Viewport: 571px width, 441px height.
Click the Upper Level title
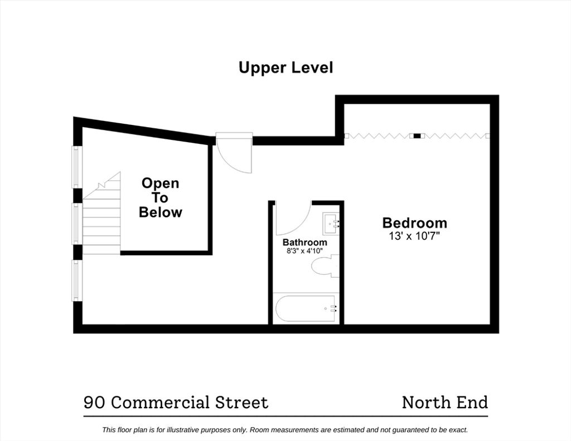click(285, 67)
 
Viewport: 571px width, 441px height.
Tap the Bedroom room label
click(414, 222)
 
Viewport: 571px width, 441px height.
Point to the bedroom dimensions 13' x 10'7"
click(414, 236)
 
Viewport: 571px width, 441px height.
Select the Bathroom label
click(305, 242)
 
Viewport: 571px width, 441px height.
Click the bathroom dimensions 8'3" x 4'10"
click(305, 251)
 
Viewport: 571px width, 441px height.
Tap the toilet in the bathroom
click(325, 266)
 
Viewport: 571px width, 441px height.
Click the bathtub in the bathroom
click(306, 308)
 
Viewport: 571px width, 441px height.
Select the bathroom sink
click(331, 224)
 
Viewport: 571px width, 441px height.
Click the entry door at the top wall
click(234, 153)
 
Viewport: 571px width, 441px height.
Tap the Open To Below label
click(160, 198)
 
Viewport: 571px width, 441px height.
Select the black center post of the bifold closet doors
click(417, 136)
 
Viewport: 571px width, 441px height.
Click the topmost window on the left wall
click(76, 167)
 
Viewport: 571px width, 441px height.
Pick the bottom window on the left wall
click(76, 280)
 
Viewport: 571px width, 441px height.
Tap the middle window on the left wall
click(76, 224)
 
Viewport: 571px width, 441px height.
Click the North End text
click(445, 403)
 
